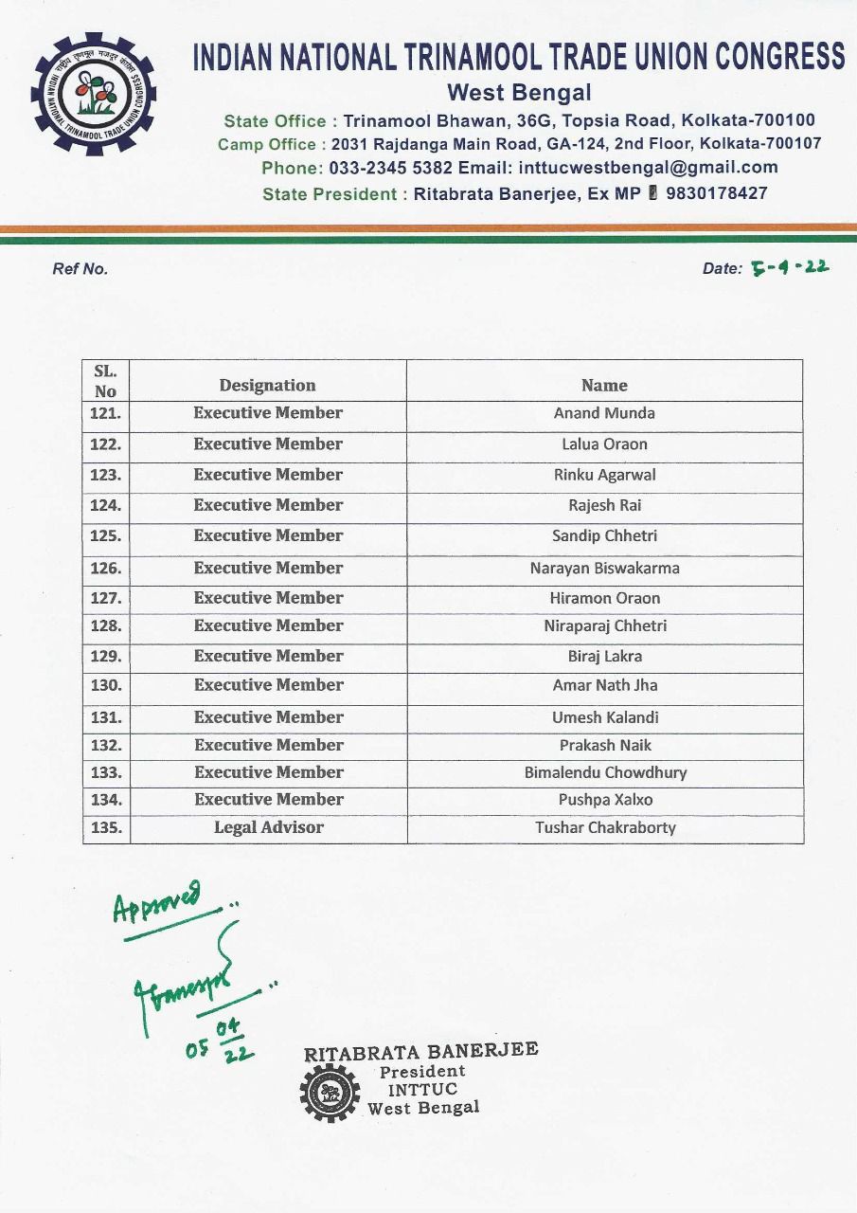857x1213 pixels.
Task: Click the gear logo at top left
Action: (x=94, y=94)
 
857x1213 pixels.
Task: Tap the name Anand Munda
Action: (x=604, y=413)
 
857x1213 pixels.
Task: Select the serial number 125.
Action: (x=105, y=535)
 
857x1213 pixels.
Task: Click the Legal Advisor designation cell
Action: (x=268, y=827)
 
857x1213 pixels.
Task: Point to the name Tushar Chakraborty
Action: (x=605, y=827)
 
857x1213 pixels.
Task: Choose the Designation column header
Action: (x=267, y=385)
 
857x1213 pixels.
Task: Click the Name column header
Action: (x=604, y=385)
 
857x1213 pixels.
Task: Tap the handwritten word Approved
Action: (x=157, y=900)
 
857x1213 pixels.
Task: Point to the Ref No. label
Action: (x=80, y=268)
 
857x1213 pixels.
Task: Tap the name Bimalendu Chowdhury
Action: (x=605, y=772)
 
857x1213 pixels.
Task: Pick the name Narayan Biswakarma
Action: (x=604, y=569)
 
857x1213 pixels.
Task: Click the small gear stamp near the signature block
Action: (x=330, y=1093)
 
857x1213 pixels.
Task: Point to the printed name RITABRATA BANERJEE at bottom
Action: (x=420, y=1052)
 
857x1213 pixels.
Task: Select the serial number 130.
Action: (x=105, y=685)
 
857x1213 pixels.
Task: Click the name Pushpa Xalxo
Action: (x=605, y=800)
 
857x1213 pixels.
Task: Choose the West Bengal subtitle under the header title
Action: (x=518, y=93)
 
